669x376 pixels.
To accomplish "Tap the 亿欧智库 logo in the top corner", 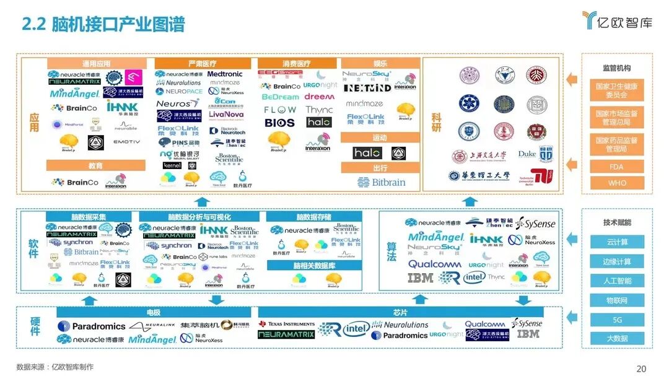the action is point(617,21).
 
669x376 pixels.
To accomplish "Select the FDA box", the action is point(616,167).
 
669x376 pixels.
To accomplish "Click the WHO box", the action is point(616,183).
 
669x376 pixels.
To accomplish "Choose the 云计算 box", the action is point(616,242).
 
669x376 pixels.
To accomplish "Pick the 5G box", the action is point(616,320).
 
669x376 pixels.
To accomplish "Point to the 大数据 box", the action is point(616,339).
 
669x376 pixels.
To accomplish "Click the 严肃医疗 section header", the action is point(203,64).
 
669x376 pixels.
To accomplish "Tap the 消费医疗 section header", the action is point(296,64).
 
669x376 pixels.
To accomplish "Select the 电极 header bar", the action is point(154,313).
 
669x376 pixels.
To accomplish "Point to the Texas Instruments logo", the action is point(287,324).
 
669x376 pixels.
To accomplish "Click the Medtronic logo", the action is point(225,74).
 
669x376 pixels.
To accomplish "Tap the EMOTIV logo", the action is point(126,142).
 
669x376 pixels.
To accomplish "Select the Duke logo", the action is point(527,154).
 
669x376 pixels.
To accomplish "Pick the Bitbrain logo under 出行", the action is point(381,182).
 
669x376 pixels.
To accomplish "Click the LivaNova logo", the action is point(225,115).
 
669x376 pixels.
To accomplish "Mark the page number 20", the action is point(641,369).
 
